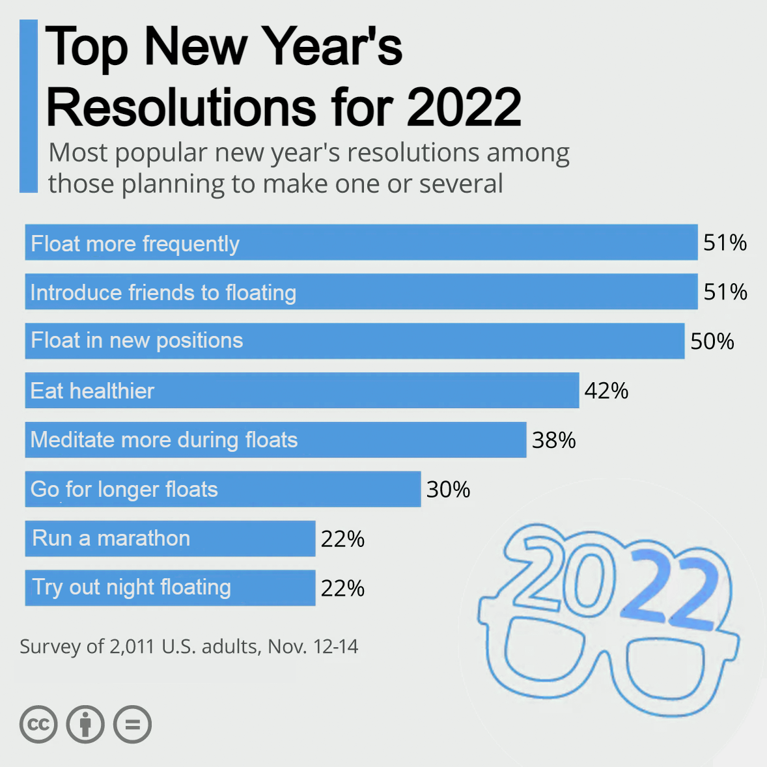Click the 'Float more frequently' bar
click(x=361, y=242)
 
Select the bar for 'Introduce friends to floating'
click(x=361, y=292)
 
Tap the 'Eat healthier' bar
click(x=301, y=390)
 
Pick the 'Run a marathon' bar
click(x=170, y=538)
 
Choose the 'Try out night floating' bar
click(x=170, y=588)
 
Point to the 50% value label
click(x=712, y=341)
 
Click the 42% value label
click(x=606, y=391)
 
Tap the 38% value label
click(x=553, y=440)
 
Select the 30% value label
click(x=448, y=490)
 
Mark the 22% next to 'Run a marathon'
click(x=342, y=539)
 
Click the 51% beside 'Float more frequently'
click(x=725, y=242)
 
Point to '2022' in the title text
click(x=464, y=107)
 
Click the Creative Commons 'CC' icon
click(x=38, y=724)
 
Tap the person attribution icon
click(x=85, y=724)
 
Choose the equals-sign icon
click(x=132, y=724)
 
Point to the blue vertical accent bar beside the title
click(x=29, y=106)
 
